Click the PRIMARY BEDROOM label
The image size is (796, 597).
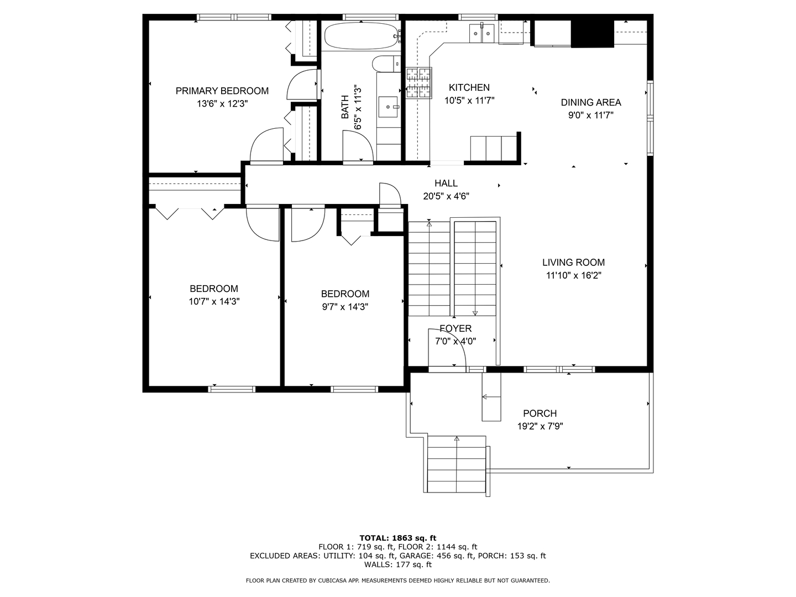[222, 91]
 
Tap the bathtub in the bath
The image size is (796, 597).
[361, 36]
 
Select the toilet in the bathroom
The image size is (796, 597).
[386, 64]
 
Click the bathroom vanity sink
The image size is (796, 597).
[388, 107]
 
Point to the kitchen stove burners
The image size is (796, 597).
[419, 83]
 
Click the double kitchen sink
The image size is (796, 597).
[482, 33]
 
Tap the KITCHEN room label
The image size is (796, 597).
[469, 87]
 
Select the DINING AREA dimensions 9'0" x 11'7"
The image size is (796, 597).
[591, 116]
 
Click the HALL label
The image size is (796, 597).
[446, 183]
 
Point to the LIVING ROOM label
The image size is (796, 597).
[573, 263]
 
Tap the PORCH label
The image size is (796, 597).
[540, 413]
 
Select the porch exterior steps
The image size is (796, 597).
[457, 464]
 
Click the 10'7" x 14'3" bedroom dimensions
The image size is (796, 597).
[214, 302]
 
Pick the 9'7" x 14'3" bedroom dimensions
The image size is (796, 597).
[345, 307]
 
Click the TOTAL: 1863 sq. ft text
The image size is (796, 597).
[398, 538]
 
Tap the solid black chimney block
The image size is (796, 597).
[592, 34]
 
